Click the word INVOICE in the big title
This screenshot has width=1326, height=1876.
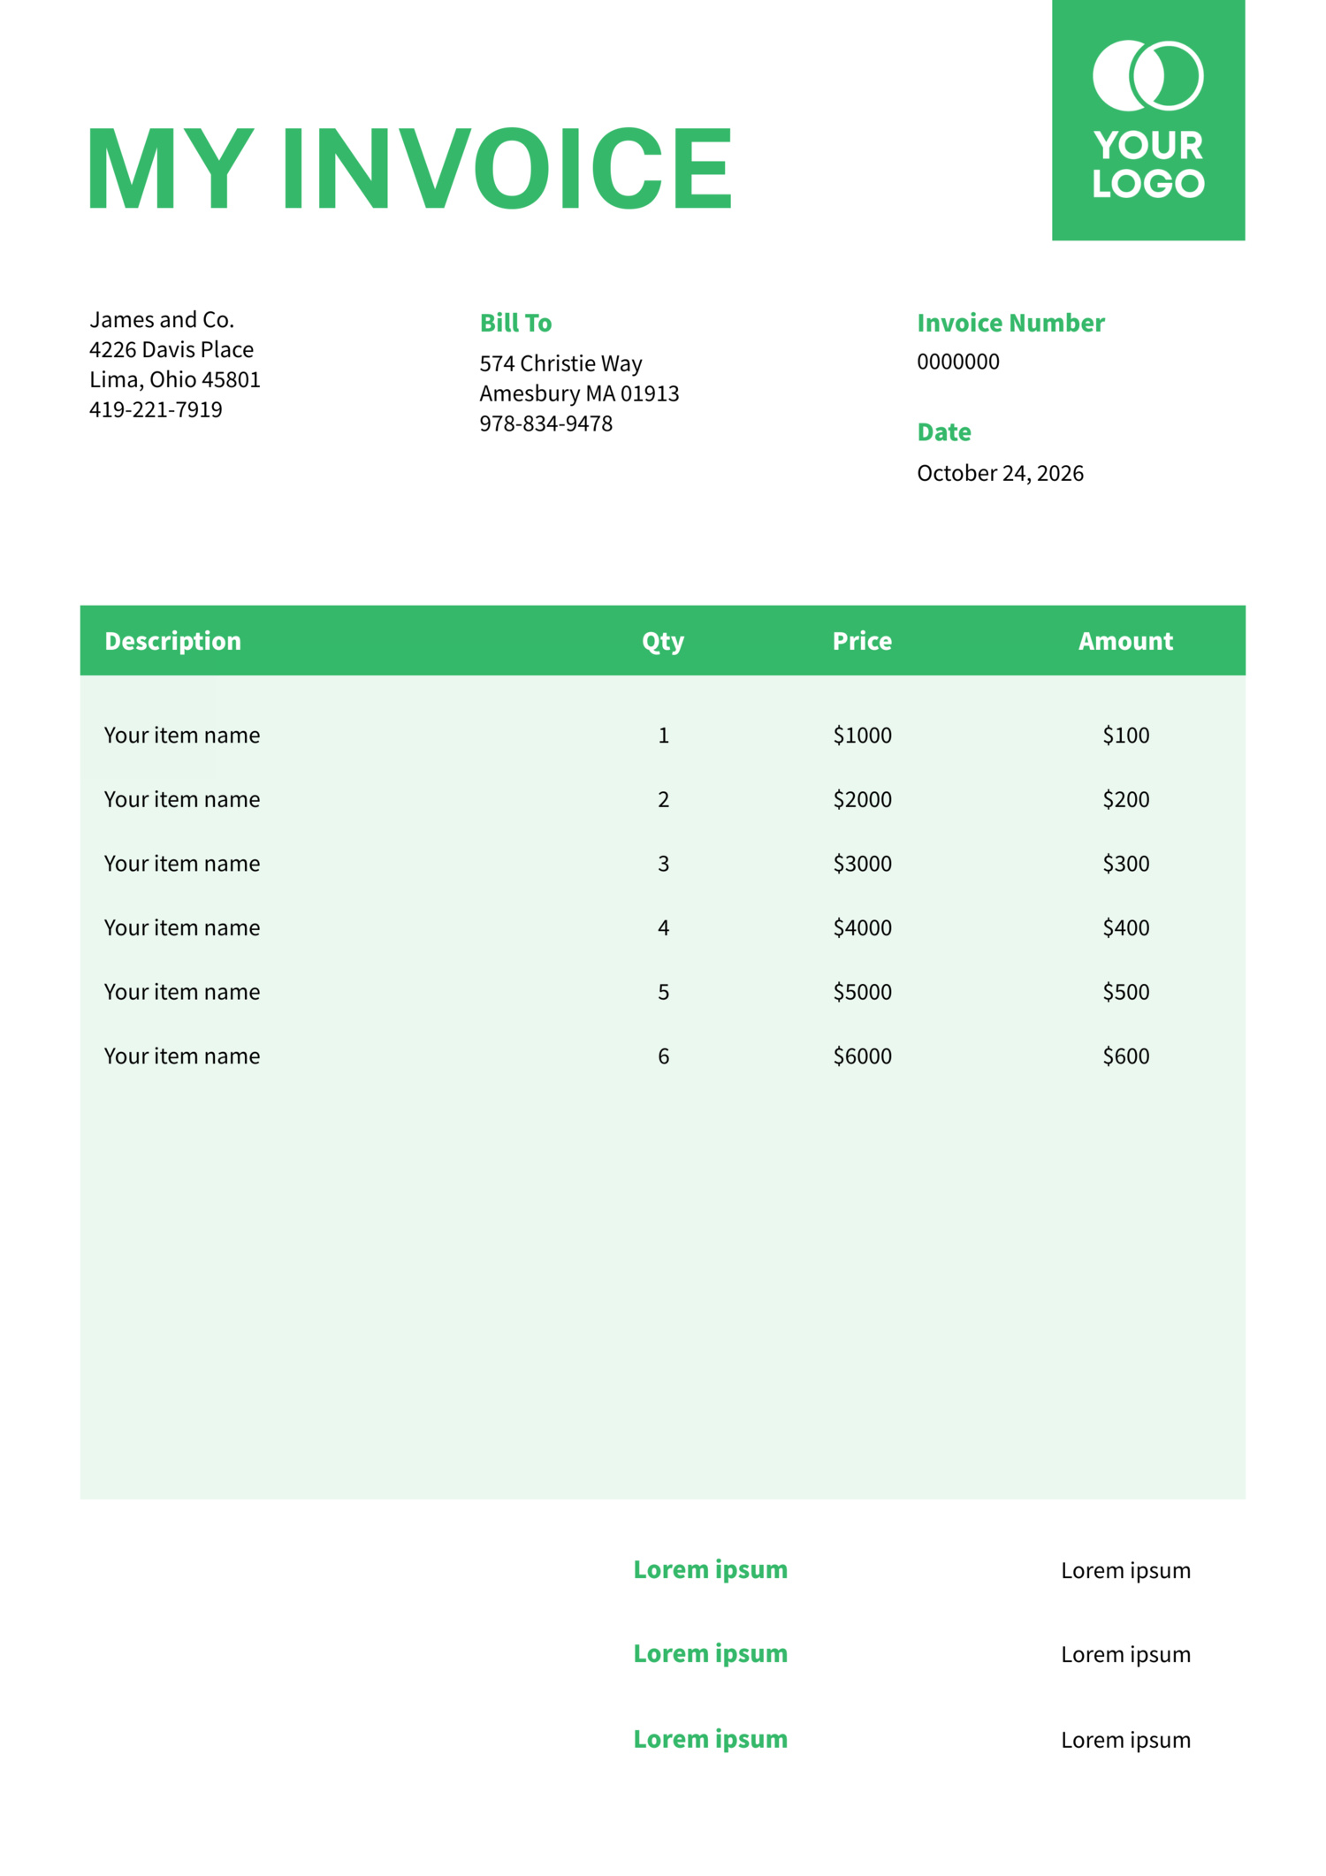click(507, 168)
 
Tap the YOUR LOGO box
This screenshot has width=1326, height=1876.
click(1147, 120)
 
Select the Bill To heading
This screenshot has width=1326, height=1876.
click(515, 323)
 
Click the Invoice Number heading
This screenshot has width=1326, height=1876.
click(1010, 323)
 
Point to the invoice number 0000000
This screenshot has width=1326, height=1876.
click(957, 362)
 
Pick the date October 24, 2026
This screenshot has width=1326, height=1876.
click(1000, 473)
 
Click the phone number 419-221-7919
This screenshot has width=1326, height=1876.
click(156, 409)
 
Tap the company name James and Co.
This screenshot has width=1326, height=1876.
click(162, 319)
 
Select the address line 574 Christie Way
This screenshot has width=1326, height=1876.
click(560, 363)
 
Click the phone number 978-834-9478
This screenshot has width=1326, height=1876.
click(545, 423)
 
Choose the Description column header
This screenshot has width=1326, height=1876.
click(172, 641)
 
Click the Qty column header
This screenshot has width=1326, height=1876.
click(663, 641)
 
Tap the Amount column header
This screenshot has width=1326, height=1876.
click(1125, 641)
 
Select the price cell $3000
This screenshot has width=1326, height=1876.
click(862, 863)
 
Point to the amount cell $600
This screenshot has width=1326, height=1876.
click(1125, 1056)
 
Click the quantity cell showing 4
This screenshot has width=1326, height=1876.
click(663, 927)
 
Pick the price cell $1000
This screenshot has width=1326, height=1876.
click(862, 735)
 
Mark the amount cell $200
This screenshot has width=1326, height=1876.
click(1125, 799)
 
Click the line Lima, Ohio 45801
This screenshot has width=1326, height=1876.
click(175, 379)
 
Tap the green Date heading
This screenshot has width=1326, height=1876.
click(944, 432)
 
